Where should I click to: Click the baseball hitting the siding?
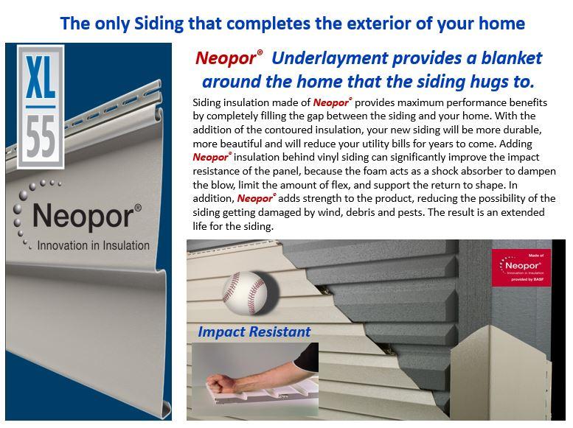(x=245, y=293)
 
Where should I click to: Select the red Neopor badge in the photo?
(x=521, y=267)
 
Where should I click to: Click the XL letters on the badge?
(x=41, y=77)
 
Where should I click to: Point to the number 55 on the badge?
(x=41, y=136)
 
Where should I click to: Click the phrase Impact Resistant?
(x=254, y=331)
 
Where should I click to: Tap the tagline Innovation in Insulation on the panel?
(x=93, y=245)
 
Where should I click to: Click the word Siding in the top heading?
(x=159, y=24)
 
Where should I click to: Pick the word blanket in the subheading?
(x=511, y=57)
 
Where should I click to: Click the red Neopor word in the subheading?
(x=226, y=58)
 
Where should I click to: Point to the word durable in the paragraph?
(x=522, y=130)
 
